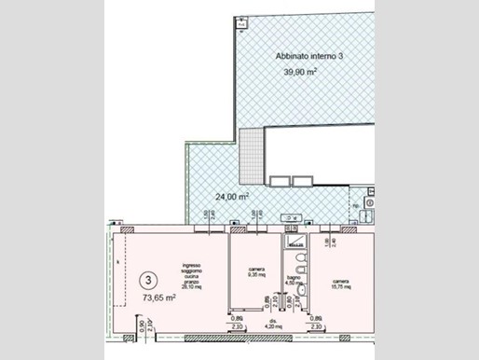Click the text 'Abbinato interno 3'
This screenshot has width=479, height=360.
(x=308, y=56)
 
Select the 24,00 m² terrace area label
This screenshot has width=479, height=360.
(x=232, y=198)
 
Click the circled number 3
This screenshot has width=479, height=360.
(x=147, y=278)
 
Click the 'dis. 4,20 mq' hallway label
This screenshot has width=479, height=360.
(x=271, y=325)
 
